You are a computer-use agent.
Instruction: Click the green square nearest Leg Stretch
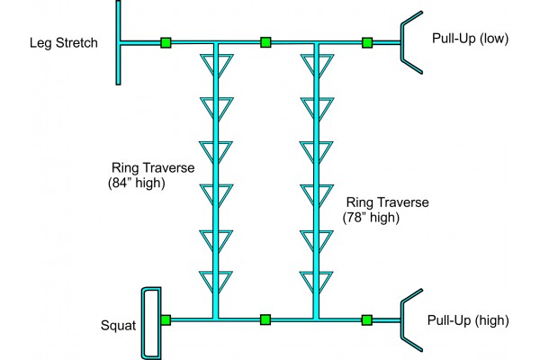pyautogui.click(x=166, y=41)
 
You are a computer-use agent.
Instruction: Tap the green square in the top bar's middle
pyautogui.click(x=265, y=41)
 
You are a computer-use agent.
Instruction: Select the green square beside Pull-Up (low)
pyautogui.click(x=367, y=41)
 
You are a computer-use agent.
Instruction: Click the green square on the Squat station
pyautogui.click(x=166, y=319)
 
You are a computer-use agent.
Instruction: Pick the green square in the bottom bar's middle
pyautogui.click(x=265, y=319)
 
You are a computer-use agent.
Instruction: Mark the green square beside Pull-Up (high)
pyautogui.click(x=367, y=319)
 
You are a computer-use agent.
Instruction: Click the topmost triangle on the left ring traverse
pyautogui.click(x=216, y=66)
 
